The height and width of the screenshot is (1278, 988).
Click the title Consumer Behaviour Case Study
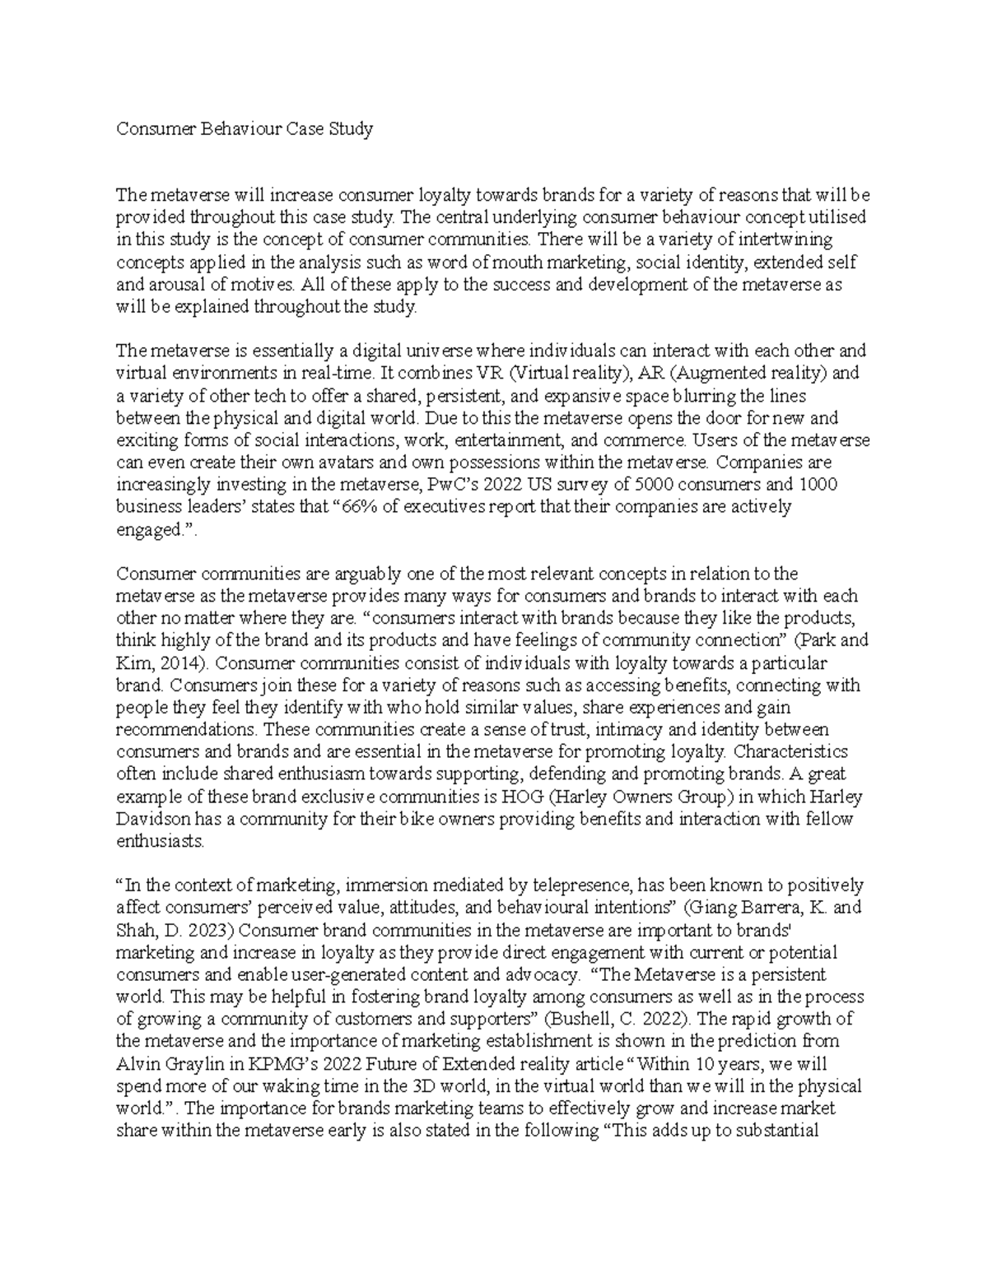[245, 128]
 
